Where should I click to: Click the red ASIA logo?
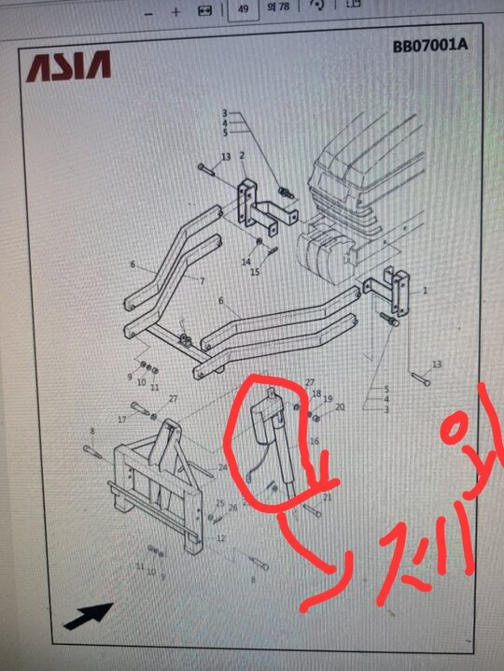[68, 65]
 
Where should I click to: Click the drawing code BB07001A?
[427, 45]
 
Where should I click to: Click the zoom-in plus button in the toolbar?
[175, 11]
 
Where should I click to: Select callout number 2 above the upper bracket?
[242, 155]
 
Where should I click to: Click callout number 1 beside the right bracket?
[425, 291]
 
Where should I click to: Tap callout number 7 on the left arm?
[202, 280]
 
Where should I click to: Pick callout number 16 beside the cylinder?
[315, 442]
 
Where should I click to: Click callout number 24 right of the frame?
[223, 468]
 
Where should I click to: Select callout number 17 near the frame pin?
[122, 421]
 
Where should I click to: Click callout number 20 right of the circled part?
[340, 407]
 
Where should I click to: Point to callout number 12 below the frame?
[220, 539]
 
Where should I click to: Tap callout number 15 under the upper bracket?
[254, 272]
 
